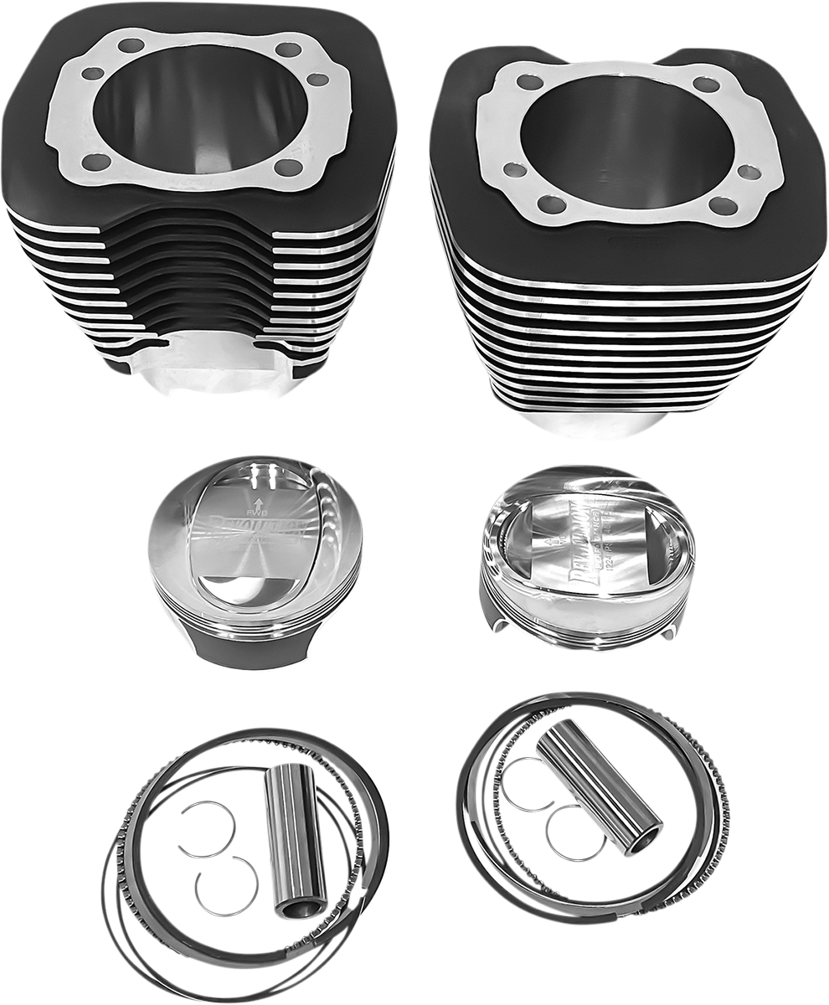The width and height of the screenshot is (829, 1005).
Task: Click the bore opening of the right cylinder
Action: [x=626, y=142]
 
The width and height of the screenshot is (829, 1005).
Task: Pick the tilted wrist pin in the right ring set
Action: [x=598, y=786]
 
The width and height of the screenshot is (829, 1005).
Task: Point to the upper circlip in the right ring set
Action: [x=528, y=783]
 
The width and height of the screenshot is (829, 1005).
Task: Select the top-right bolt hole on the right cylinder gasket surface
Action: [x=706, y=84]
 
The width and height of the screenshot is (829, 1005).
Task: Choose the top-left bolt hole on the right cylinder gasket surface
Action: [x=529, y=81]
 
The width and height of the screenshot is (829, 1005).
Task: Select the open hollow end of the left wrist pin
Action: [x=301, y=907]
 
